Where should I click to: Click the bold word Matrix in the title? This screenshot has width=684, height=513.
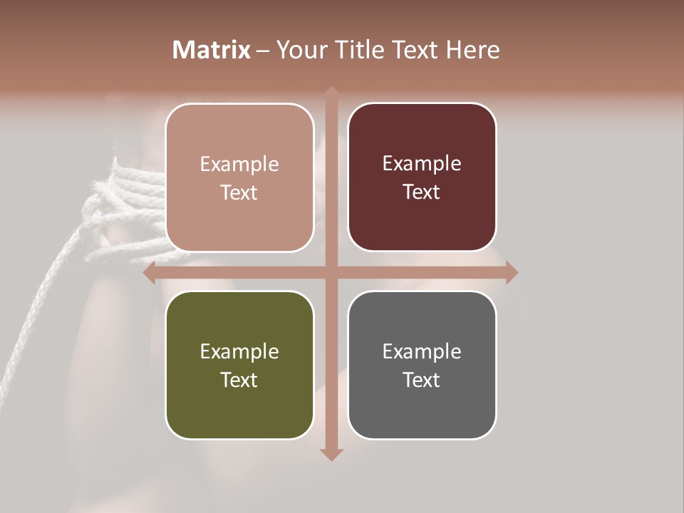[211, 50]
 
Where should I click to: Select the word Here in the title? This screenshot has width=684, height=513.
[473, 50]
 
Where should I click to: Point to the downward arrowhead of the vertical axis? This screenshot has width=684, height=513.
[331, 455]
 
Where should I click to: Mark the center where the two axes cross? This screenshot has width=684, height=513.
[331, 273]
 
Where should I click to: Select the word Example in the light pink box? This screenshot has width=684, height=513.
[239, 165]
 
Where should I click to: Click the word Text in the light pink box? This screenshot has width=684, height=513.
[239, 192]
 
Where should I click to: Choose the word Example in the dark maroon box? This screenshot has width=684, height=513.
[422, 164]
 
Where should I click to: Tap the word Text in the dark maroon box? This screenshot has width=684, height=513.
[422, 192]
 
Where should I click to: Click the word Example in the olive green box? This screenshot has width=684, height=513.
[239, 352]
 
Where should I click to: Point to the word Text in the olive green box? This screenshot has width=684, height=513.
[239, 380]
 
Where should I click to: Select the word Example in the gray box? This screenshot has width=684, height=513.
[422, 352]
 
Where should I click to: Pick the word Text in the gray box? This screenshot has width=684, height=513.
[422, 380]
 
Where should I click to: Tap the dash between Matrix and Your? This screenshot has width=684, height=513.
[263, 51]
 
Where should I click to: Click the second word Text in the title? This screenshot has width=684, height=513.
[415, 50]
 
